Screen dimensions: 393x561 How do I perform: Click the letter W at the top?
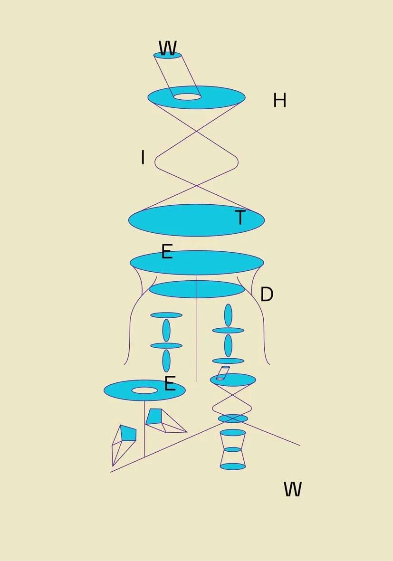tap(167, 48)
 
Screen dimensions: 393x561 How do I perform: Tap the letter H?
tap(279, 100)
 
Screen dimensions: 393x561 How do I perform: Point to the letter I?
tap(143, 157)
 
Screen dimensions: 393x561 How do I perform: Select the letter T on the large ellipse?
tap(240, 218)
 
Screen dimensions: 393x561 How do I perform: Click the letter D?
tap(267, 295)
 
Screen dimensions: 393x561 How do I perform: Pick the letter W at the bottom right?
tap(293, 489)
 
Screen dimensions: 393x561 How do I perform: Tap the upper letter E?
tap(166, 251)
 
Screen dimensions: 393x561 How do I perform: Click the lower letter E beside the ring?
tap(170, 383)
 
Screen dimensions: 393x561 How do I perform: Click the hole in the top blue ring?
tap(187, 97)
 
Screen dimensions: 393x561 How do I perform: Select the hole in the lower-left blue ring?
tap(144, 390)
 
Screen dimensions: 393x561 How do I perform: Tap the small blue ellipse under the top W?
tap(167, 56)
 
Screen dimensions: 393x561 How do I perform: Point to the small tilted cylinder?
tap(222, 373)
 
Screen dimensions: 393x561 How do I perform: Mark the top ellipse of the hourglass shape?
tap(233, 432)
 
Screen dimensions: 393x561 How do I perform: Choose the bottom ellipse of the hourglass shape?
tap(233, 466)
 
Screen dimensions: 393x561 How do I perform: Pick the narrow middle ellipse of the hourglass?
tap(233, 449)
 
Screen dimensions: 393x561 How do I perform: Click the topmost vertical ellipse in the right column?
tap(228, 315)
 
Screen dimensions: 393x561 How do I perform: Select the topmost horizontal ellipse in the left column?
tap(166, 315)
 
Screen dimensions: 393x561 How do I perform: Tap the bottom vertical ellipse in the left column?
tap(166, 361)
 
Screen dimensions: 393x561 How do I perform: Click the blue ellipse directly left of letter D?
tap(197, 289)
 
